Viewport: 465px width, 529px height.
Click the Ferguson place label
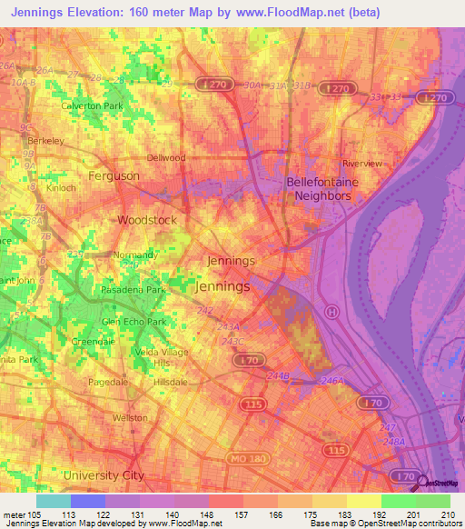[114, 175]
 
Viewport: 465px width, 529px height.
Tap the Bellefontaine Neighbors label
[319, 188]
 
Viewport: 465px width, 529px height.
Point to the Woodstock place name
[146, 220]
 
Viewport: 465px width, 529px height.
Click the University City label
[104, 474]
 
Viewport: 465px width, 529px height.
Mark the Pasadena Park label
[134, 289]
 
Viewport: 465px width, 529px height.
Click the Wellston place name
[130, 417]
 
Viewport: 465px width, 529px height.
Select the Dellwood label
[166, 157]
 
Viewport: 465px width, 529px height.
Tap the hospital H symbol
[332, 311]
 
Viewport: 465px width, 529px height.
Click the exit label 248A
[393, 442]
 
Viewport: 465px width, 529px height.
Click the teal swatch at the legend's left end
[53, 501]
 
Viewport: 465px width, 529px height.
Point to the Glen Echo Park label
[134, 322]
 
